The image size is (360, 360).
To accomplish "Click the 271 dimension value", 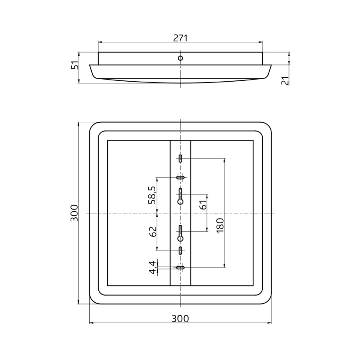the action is [180, 38].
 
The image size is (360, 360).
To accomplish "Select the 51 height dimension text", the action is [75, 66].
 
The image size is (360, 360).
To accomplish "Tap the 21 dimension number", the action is [285, 81].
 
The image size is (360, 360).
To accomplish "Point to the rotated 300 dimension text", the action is [74, 213].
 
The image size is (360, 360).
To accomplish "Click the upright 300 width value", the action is [180, 319].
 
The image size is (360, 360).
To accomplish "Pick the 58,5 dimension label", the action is [152, 195].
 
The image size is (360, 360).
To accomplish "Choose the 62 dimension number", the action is [152, 231].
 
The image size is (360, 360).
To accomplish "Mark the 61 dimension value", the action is [203, 204].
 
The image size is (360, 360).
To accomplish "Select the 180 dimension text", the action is [220, 225].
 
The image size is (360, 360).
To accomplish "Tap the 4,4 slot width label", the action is [153, 268].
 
